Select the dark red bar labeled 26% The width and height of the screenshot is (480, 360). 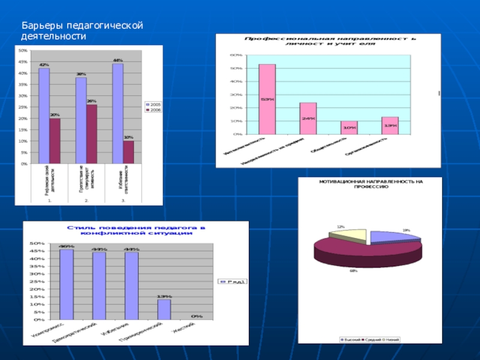point(91,134)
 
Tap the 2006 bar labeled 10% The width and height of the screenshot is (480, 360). point(128,152)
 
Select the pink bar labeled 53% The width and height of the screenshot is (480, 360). point(267,99)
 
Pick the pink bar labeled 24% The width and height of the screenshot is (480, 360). point(308,118)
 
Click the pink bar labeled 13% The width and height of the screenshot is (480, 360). point(389,125)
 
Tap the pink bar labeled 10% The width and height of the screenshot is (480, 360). point(349,128)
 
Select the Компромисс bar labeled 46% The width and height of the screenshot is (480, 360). point(66,284)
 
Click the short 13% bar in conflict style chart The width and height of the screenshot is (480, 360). point(164,309)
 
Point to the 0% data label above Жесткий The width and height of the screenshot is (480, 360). point(196,316)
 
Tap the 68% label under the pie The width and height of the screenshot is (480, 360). point(353,271)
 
